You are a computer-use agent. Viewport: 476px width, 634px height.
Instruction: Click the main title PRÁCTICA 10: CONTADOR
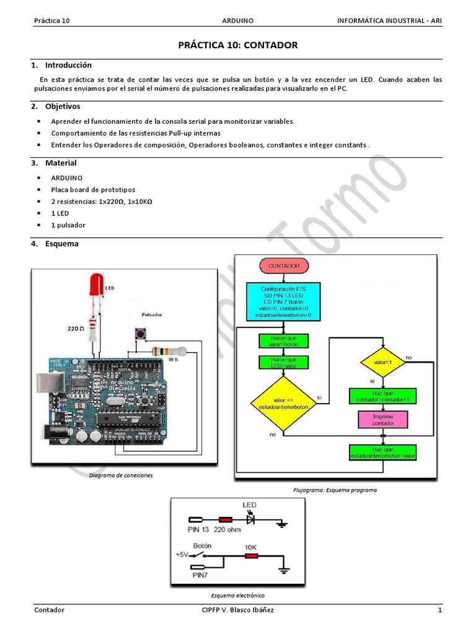(x=238, y=45)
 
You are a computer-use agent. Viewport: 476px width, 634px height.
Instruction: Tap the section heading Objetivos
(x=63, y=106)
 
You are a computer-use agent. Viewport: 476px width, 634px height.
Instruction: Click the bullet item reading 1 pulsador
(x=68, y=225)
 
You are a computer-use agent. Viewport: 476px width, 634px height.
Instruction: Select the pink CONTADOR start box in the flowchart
(x=284, y=266)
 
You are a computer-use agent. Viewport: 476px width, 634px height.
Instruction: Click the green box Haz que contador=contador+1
(x=382, y=396)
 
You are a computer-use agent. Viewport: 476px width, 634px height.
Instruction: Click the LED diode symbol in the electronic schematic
(x=251, y=520)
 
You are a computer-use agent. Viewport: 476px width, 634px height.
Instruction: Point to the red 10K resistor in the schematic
(x=250, y=557)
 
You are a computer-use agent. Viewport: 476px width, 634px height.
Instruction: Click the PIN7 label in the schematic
(x=200, y=575)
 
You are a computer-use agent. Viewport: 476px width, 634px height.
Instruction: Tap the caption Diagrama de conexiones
(x=121, y=475)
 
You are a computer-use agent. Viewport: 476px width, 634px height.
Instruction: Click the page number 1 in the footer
(x=439, y=610)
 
